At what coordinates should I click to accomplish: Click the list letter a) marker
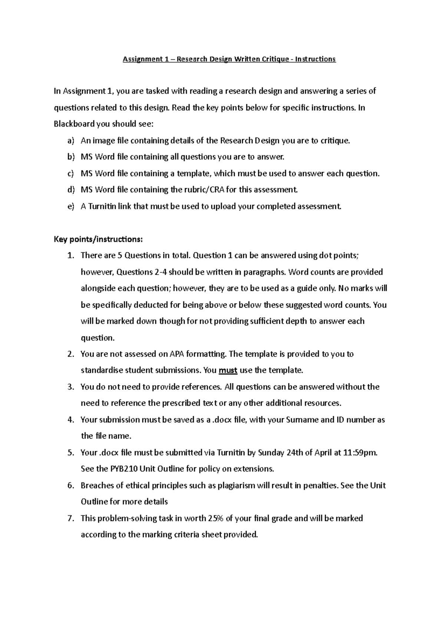(71, 141)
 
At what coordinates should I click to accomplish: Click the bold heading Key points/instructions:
(98, 239)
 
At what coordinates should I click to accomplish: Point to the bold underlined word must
(228, 370)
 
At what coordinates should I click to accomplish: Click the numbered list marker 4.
(71, 420)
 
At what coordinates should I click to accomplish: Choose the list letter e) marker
(71, 206)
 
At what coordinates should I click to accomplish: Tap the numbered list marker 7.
(71, 518)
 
